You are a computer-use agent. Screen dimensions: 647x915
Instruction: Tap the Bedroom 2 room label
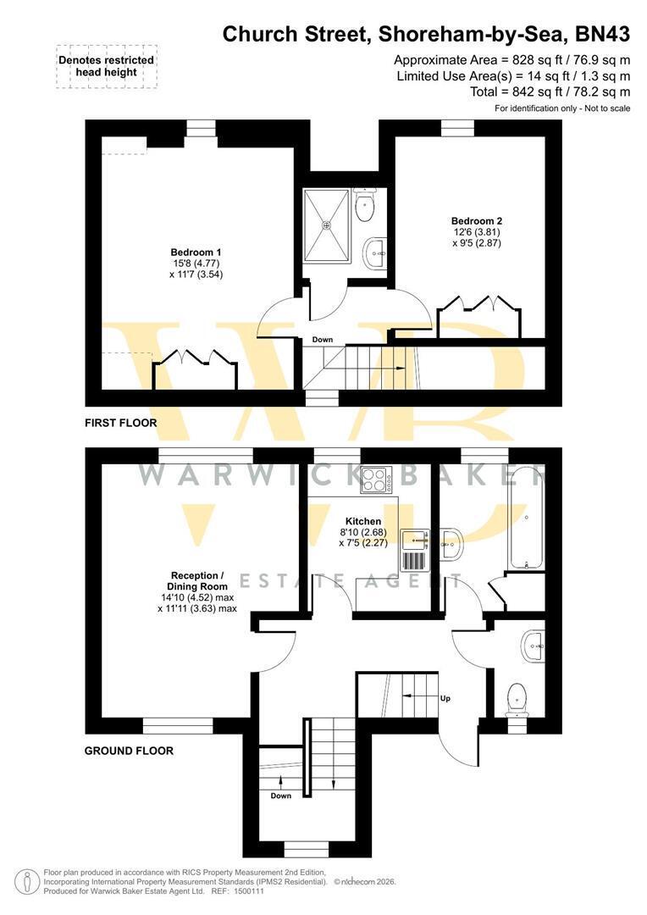click(x=477, y=221)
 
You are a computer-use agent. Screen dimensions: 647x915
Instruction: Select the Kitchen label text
click(x=363, y=521)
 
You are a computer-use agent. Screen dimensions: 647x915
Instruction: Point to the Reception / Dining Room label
click(x=197, y=581)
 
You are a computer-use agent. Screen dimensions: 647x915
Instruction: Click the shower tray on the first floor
click(x=327, y=226)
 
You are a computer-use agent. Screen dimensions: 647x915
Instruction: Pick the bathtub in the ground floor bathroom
click(x=528, y=517)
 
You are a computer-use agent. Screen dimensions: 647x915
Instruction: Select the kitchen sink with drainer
click(x=414, y=550)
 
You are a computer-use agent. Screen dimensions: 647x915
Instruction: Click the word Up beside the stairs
click(x=445, y=698)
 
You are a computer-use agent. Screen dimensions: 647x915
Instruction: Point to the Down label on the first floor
click(x=323, y=340)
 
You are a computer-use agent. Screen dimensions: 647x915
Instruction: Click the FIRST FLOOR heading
click(x=121, y=423)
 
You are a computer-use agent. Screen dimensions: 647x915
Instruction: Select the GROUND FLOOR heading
click(x=129, y=751)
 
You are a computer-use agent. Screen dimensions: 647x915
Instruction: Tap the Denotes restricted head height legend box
click(x=106, y=66)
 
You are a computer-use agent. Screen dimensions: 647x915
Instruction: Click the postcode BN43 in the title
click(x=603, y=35)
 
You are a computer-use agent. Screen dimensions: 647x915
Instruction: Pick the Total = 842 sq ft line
click(x=550, y=91)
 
